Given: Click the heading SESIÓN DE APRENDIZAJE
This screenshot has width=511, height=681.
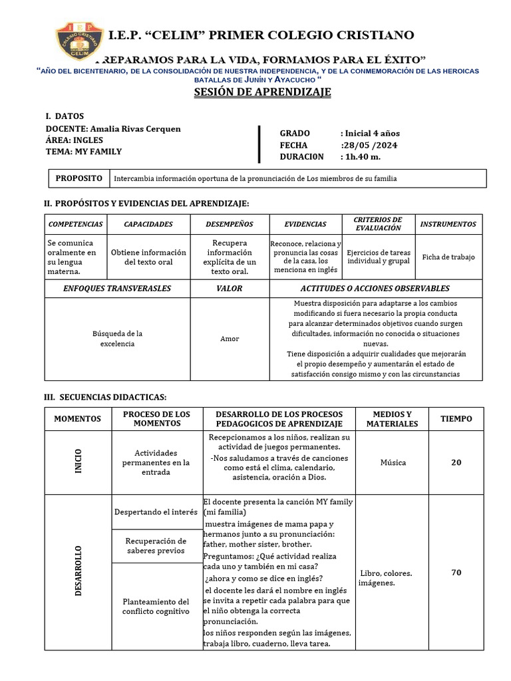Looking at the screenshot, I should (262, 92).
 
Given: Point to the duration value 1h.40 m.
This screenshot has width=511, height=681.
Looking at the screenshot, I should (362, 157).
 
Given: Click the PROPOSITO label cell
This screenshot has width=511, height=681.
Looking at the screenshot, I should (79, 178).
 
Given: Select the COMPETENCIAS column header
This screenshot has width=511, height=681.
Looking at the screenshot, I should (76, 224).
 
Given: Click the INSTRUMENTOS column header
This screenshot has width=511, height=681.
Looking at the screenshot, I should (449, 224).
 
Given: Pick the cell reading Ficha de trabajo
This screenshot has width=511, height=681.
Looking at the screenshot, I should (448, 257).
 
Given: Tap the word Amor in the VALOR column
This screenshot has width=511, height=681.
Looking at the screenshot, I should (230, 339).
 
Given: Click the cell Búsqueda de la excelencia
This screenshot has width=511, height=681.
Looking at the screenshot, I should (117, 339).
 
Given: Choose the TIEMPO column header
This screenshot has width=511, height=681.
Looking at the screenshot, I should (456, 419).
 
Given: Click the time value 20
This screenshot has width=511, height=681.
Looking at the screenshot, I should (456, 463).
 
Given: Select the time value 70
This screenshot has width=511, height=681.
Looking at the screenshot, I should (456, 572).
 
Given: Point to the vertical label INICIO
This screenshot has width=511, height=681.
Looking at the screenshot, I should (78, 463).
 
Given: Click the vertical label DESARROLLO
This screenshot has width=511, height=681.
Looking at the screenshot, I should (78, 572).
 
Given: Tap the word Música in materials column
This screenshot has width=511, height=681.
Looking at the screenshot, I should (393, 463).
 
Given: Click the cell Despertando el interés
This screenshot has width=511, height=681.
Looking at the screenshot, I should (156, 512).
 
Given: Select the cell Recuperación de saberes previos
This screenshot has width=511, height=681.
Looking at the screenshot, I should (156, 546).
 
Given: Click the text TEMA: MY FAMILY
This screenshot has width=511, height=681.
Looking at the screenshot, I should (84, 152).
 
